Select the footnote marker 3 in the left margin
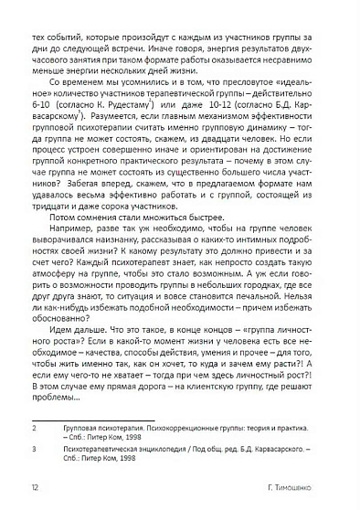[33, 450]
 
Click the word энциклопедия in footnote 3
[144, 450]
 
